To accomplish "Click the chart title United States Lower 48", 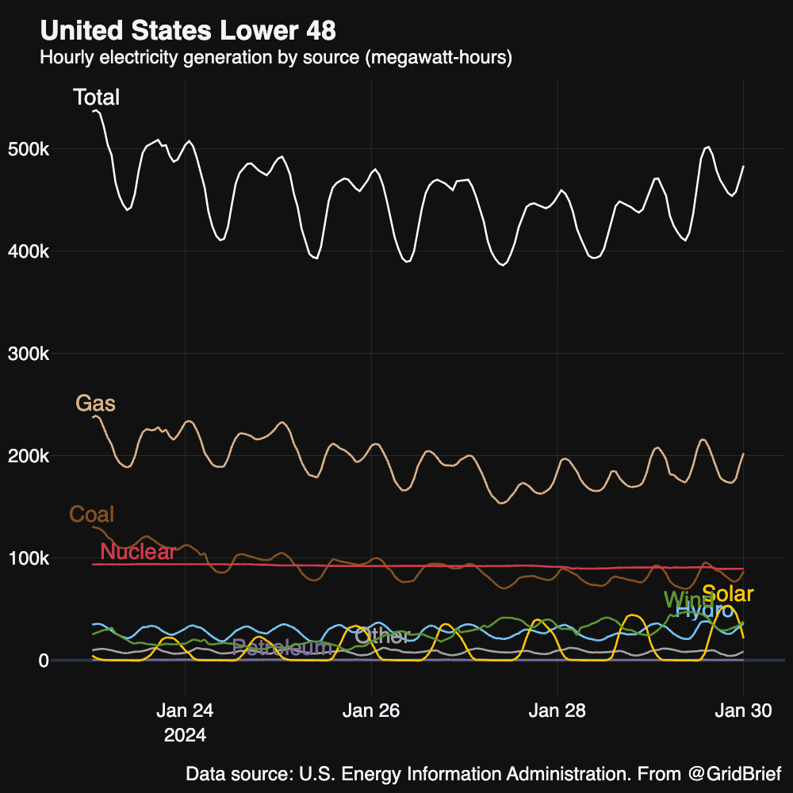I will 188,31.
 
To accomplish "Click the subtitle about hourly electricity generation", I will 276,58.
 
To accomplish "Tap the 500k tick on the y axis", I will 29,150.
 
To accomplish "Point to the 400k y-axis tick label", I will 29,252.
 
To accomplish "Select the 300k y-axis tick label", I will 29,354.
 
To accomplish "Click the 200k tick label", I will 29,457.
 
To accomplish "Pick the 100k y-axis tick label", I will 29,559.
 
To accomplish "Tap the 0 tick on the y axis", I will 44,661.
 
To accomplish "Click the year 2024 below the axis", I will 185,735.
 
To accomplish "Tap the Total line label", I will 96,98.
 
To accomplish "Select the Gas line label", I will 95,404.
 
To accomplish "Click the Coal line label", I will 92,514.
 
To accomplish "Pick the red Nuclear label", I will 138,552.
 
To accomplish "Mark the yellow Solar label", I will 728,594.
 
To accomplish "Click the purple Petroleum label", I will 282,648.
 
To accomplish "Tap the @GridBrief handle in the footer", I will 734,773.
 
